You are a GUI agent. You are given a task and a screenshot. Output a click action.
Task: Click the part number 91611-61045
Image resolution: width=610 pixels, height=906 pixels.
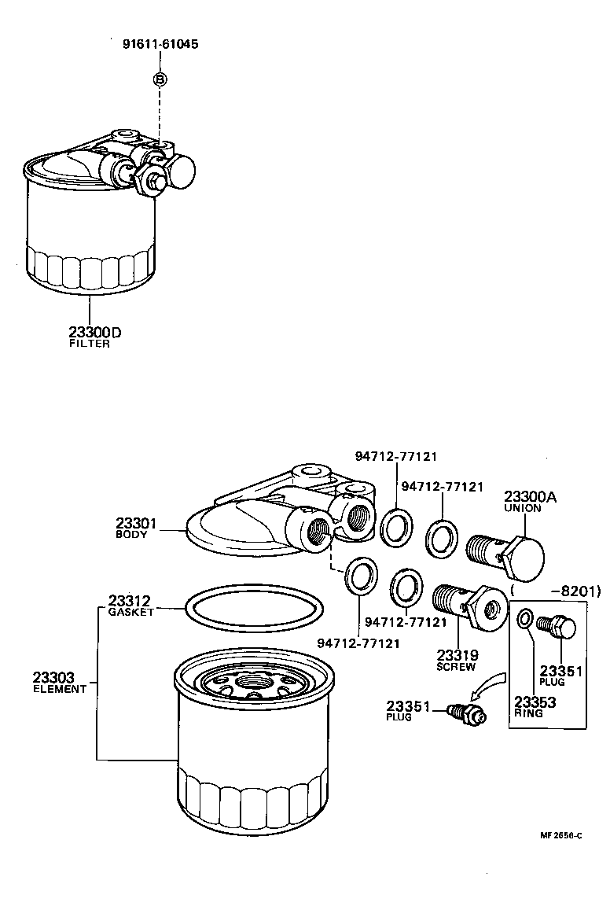tap(160, 44)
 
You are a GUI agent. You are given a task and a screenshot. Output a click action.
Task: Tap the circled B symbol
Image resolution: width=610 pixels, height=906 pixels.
tap(160, 79)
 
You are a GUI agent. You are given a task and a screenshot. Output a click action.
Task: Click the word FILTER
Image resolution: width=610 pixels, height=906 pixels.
tap(89, 344)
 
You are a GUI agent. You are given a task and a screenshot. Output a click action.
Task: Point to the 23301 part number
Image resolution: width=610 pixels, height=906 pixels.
tap(137, 523)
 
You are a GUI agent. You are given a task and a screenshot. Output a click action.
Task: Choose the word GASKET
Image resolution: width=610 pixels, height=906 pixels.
tap(130, 612)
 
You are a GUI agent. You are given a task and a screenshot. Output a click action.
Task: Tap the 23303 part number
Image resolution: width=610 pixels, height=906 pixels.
tap(54, 676)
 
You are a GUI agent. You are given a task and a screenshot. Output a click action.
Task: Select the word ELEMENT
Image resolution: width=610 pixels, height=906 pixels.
tap(59, 689)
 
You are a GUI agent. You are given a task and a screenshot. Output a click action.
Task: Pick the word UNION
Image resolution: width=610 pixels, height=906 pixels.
tap(522, 508)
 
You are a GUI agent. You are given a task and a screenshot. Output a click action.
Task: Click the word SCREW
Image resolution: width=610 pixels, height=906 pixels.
tap(456, 667)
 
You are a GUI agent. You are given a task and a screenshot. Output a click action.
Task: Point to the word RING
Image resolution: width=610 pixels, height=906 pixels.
tap(528, 713)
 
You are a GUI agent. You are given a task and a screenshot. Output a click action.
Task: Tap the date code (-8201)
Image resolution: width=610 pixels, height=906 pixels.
tap(555, 591)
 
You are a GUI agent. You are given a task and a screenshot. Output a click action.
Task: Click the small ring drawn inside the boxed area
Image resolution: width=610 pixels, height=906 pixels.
tap(524, 618)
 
